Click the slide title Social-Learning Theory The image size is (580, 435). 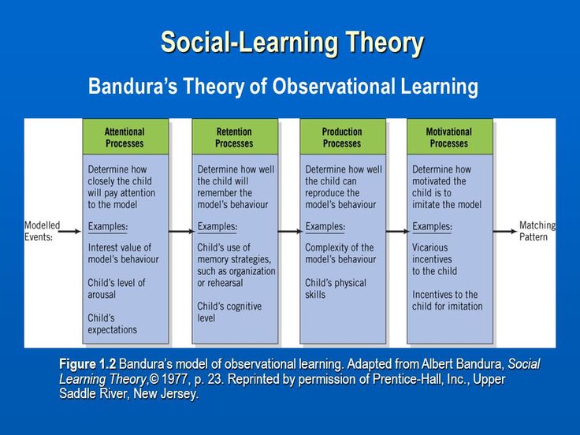coord(292,43)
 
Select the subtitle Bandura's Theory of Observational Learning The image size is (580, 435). coord(283,86)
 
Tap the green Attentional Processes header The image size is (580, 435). coord(125,137)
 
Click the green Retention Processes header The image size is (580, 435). coord(234,137)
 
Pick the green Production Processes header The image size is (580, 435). coord(342,137)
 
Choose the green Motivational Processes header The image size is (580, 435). coord(449,137)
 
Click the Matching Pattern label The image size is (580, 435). coord(537,231)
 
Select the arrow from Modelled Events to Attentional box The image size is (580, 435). coord(69,232)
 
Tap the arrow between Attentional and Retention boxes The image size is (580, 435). coord(180,232)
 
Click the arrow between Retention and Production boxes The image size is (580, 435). coord(289,232)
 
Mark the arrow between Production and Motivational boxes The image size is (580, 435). coord(396,232)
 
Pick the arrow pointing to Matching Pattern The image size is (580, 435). coord(504,232)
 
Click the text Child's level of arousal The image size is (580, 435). coord(117,288)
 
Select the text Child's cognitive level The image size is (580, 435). coord(229,312)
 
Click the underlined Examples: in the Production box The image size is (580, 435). coord(325,226)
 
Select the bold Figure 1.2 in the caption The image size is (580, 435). coord(87,364)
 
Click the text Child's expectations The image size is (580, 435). coord(113,324)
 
